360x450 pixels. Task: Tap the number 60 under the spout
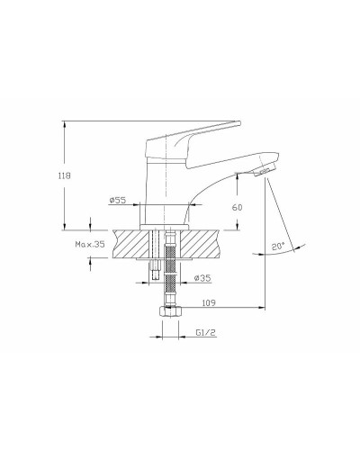[x=237, y=207]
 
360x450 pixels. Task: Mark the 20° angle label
[x=278, y=245]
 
